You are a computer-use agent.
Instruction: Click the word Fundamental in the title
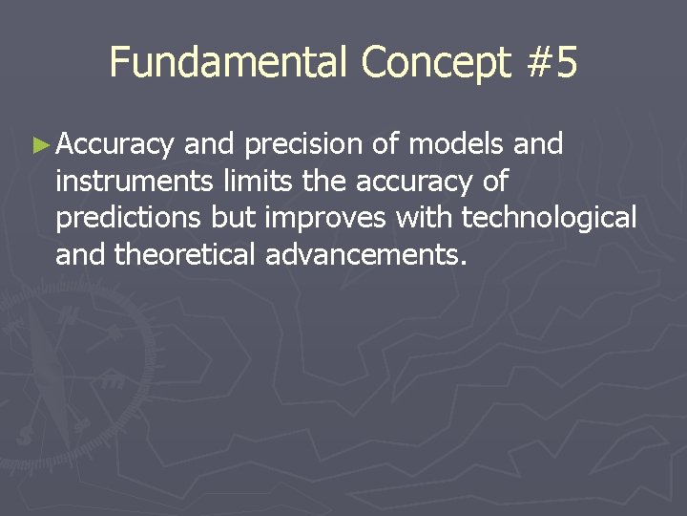[x=230, y=63]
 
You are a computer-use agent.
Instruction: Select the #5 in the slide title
[x=552, y=63]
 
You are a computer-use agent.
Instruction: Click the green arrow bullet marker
[x=39, y=145]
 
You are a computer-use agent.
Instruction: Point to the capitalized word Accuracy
[x=114, y=145]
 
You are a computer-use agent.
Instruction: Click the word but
[x=235, y=218]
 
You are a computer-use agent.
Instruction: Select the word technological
[x=549, y=219]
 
